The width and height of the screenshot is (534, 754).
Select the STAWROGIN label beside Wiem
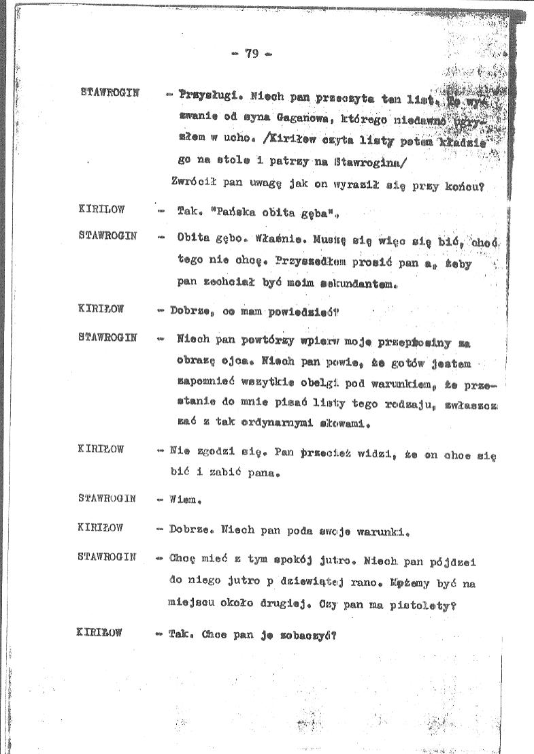[107, 498]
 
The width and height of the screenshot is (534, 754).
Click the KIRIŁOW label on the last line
[101, 633]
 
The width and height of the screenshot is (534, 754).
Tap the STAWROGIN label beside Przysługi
[109, 92]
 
